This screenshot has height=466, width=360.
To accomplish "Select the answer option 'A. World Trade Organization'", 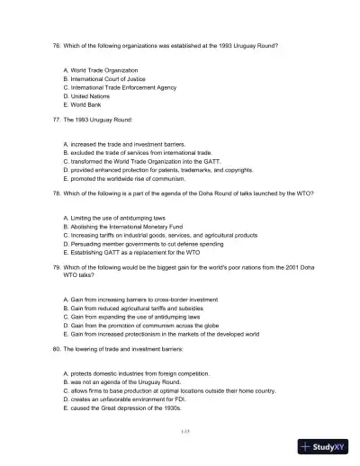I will (x=101, y=69).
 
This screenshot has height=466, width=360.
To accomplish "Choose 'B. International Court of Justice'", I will (x=106, y=78).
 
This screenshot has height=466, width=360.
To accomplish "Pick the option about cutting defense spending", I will (x=150, y=243).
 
